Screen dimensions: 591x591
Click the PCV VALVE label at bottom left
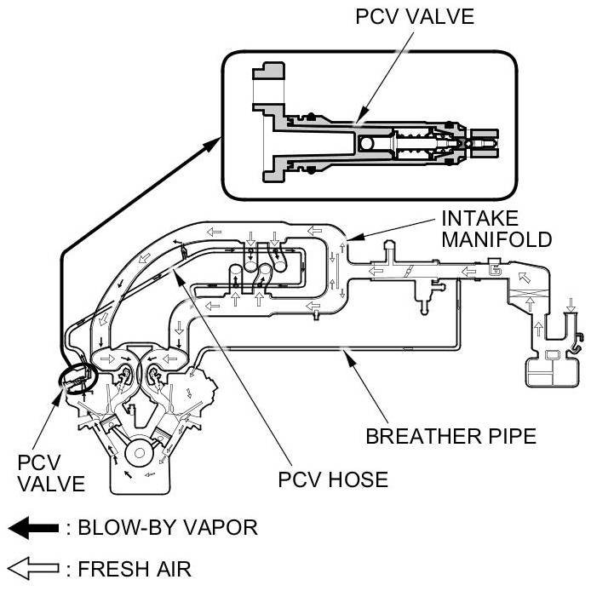tap(51, 473)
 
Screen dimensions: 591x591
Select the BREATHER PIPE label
tap(450, 437)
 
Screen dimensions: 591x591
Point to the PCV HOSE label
tap(333, 479)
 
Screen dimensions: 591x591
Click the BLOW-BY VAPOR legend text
tap(167, 527)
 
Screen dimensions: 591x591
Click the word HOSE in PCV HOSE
tap(359, 479)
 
